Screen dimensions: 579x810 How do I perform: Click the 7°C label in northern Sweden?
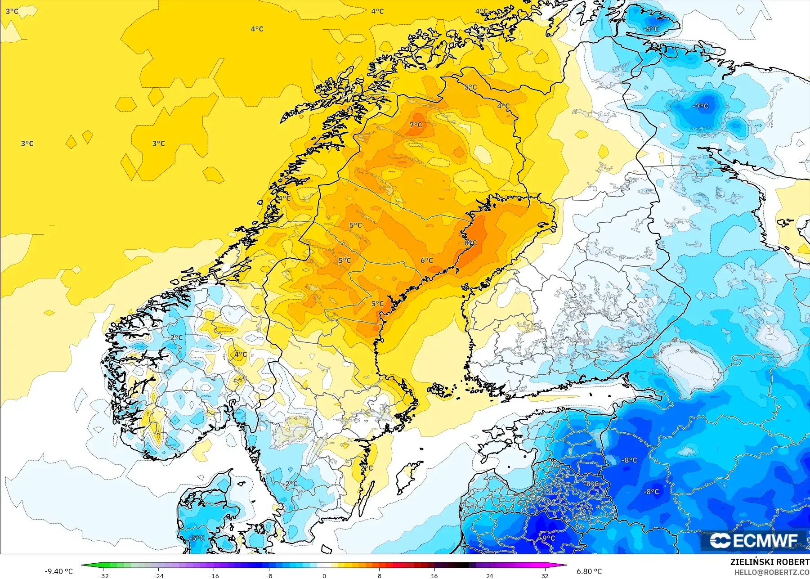[x=416, y=125]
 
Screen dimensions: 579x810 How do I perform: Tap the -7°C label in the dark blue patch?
[x=701, y=106]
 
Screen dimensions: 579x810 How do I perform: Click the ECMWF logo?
[x=754, y=540]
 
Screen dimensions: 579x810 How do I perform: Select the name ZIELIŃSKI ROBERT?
[x=770, y=562]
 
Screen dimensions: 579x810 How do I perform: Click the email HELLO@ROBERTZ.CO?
[x=772, y=572]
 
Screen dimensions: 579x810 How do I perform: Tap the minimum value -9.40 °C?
[x=58, y=571]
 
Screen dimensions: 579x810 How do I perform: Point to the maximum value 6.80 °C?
[x=589, y=571]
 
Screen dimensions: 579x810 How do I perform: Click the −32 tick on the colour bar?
[x=103, y=575]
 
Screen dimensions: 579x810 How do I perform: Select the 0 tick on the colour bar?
[x=324, y=575]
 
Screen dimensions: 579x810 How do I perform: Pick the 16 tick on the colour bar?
[x=434, y=575]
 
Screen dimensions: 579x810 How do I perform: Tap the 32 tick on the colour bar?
[x=545, y=575]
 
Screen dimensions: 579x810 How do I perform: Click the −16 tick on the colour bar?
[x=214, y=575]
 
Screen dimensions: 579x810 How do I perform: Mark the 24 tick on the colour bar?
[x=490, y=575]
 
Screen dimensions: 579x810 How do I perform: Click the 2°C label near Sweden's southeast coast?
[x=367, y=468]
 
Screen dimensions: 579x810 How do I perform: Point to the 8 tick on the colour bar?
[x=380, y=575]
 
